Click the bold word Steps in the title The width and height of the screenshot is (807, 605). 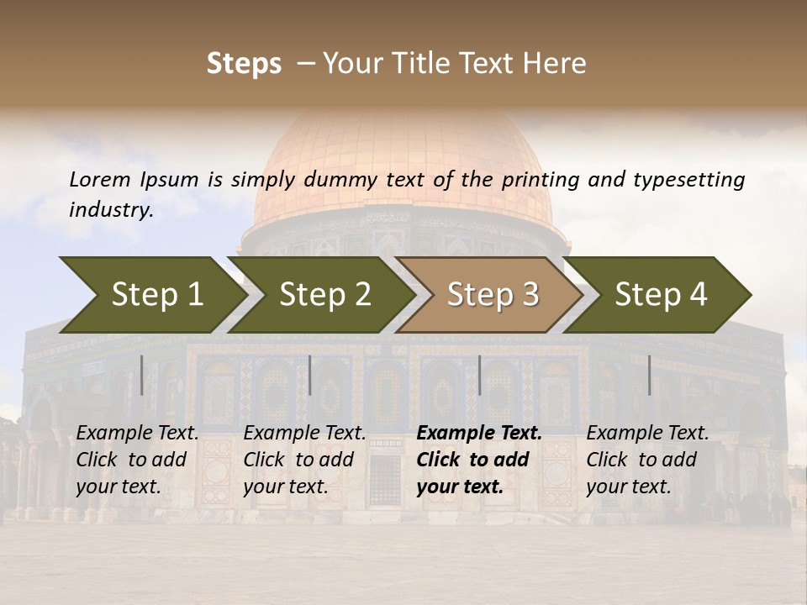[x=244, y=64]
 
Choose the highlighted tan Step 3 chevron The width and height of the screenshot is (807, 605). [x=493, y=294]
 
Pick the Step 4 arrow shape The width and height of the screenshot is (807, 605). [x=661, y=294]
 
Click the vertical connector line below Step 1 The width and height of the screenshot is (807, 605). [x=142, y=375]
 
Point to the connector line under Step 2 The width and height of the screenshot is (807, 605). [x=310, y=375]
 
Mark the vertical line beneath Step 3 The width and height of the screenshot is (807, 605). [x=479, y=375]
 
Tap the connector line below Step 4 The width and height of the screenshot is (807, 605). [x=649, y=375]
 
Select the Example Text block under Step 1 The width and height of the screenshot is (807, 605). [x=137, y=460]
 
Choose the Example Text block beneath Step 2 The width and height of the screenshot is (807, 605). [x=304, y=460]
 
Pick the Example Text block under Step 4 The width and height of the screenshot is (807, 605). [x=647, y=460]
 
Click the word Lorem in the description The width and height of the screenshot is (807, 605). [x=100, y=179]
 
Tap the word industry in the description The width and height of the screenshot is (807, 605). [x=110, y=210]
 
